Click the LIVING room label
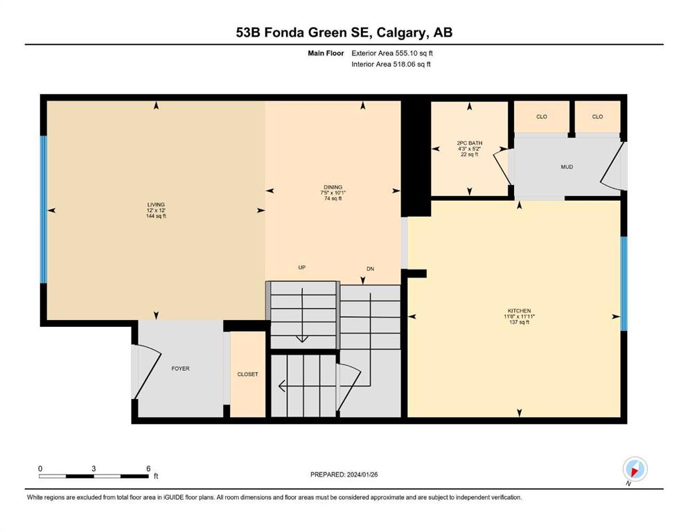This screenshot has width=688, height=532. (x=156, y=204)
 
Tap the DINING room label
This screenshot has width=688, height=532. (x=333, y=187)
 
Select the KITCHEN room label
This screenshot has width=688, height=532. (x=519, y=311)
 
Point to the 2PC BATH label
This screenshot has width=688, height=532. (x=470, y=143)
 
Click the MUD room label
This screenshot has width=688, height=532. (x=567, y=167)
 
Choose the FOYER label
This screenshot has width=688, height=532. (x=180, y=369)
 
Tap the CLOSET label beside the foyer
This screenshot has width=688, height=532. (x=247, y=375)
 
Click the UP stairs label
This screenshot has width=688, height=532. (x=302, y=267)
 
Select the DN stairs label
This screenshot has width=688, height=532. (x=370, y=269)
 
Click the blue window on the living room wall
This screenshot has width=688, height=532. (x=44, y=210)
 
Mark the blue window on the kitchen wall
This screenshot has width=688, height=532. (x=624, y=284)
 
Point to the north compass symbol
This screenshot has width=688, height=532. (x=635, y=470)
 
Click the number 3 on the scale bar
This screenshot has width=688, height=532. (x=94, y=468)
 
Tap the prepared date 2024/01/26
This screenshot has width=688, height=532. (x=362, y=475)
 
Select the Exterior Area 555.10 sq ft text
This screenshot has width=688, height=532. (x=392, y=53)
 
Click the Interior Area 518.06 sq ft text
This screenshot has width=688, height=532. (x=391, y=64)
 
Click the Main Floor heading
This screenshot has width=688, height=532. (x=326, y=53)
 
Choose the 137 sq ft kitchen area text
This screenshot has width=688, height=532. (x=519, y=322)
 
